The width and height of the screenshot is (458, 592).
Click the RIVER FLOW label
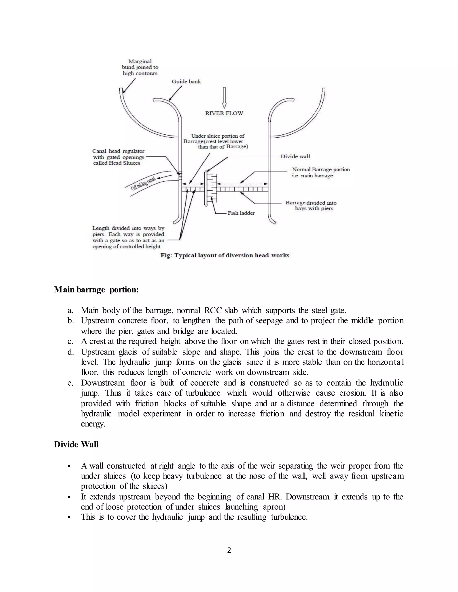coord(224,113)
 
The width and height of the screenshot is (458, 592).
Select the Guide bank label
coord(187,82)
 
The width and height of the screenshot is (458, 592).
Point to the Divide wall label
coord(295,156)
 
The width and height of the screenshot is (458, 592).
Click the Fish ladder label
coord(241,213)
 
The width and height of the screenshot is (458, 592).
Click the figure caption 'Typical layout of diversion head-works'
coord(225,255)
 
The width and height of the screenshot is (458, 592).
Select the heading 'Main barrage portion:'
coord(96,290)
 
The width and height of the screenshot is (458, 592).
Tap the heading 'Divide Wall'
coord(76,445)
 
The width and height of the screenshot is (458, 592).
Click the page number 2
coord(229,550)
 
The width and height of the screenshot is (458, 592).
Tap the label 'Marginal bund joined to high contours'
coord(140,67)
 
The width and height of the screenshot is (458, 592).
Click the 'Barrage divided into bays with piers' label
coord(311,206)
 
